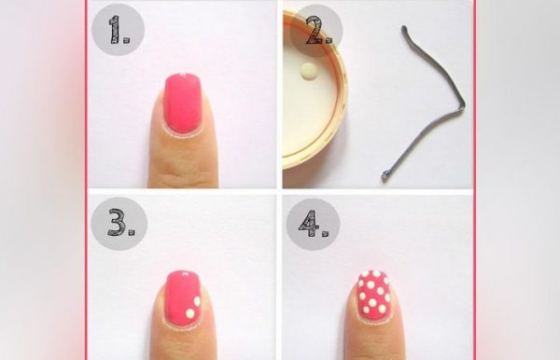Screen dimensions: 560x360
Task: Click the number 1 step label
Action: [x=119, y=30]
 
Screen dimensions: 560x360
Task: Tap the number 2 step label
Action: [x=319, y=31]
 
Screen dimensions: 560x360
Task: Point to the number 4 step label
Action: [x=314, y=224]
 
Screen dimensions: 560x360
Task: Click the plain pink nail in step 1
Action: [x=183, y=104]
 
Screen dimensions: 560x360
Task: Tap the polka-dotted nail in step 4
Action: [x=374, y=295]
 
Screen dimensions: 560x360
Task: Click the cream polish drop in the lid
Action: [x=308, y=69]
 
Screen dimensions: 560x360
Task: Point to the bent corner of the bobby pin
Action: [x=462, y=106]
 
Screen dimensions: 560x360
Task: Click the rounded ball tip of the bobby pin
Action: [x=385, y=175]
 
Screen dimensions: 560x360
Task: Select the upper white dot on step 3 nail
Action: [x=197, y=301]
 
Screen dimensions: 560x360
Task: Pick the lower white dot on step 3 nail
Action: [x=190, y=313]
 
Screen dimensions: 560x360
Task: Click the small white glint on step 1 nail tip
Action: [x=182, y=75]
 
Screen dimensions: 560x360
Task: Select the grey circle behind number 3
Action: [x=119, y=224]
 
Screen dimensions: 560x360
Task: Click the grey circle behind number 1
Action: [x=118, y=29]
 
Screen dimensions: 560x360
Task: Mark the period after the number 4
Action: [x=326, y=233]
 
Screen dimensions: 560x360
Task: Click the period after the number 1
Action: [x=127, y=40]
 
